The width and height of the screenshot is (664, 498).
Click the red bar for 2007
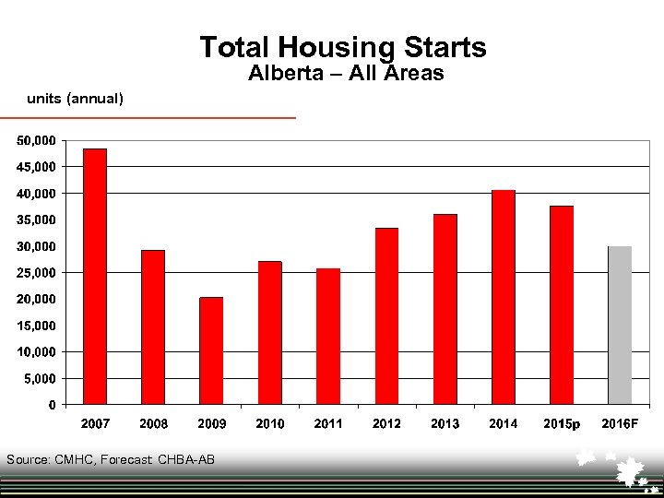tap(95, 277)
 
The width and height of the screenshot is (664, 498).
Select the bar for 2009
tap(211, 350)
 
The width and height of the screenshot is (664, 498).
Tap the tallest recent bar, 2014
tap(503, 297)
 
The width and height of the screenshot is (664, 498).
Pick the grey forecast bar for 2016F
tap(620, 325)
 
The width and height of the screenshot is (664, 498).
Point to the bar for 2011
tap(328, 336)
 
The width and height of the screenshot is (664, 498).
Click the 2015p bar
tap(562, 304)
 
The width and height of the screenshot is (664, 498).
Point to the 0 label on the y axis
tap(52, 405)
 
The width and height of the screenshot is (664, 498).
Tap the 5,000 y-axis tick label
tap(40, 379)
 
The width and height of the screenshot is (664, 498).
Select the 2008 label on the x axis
tap(153, 424)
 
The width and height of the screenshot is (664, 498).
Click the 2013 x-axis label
tap(445, 424)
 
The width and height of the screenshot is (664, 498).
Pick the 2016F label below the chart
tap(620, 424)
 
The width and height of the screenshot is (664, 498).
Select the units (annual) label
tap(75, 98)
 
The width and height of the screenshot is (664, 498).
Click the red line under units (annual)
tap(148, 117)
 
